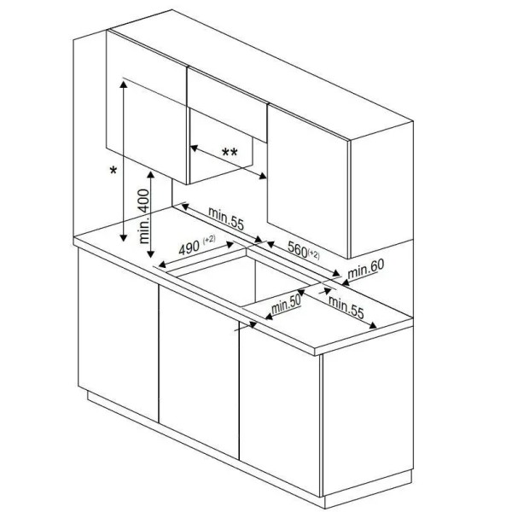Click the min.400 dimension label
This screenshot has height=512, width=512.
coord(144,216)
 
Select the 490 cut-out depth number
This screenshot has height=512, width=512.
coord(189,248)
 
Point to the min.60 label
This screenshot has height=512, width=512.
coord(366,269)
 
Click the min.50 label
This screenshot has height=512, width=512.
coord(286,305)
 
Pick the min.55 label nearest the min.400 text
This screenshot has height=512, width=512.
coord(226,218)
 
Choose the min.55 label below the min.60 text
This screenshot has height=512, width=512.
coord(346,307)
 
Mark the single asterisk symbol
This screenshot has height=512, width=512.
coord(113,170)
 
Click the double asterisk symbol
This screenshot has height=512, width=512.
coord(230,152)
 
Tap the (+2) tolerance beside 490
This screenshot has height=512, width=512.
coord(209,239)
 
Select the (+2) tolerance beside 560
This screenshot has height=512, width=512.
coord(313,254)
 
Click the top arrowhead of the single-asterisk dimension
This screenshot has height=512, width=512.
coord(124,84)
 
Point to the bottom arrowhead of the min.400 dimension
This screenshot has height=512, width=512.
coord(150,253)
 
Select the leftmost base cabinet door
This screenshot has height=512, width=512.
coord(119,335)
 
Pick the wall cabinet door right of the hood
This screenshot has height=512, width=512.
coord(307,181)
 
